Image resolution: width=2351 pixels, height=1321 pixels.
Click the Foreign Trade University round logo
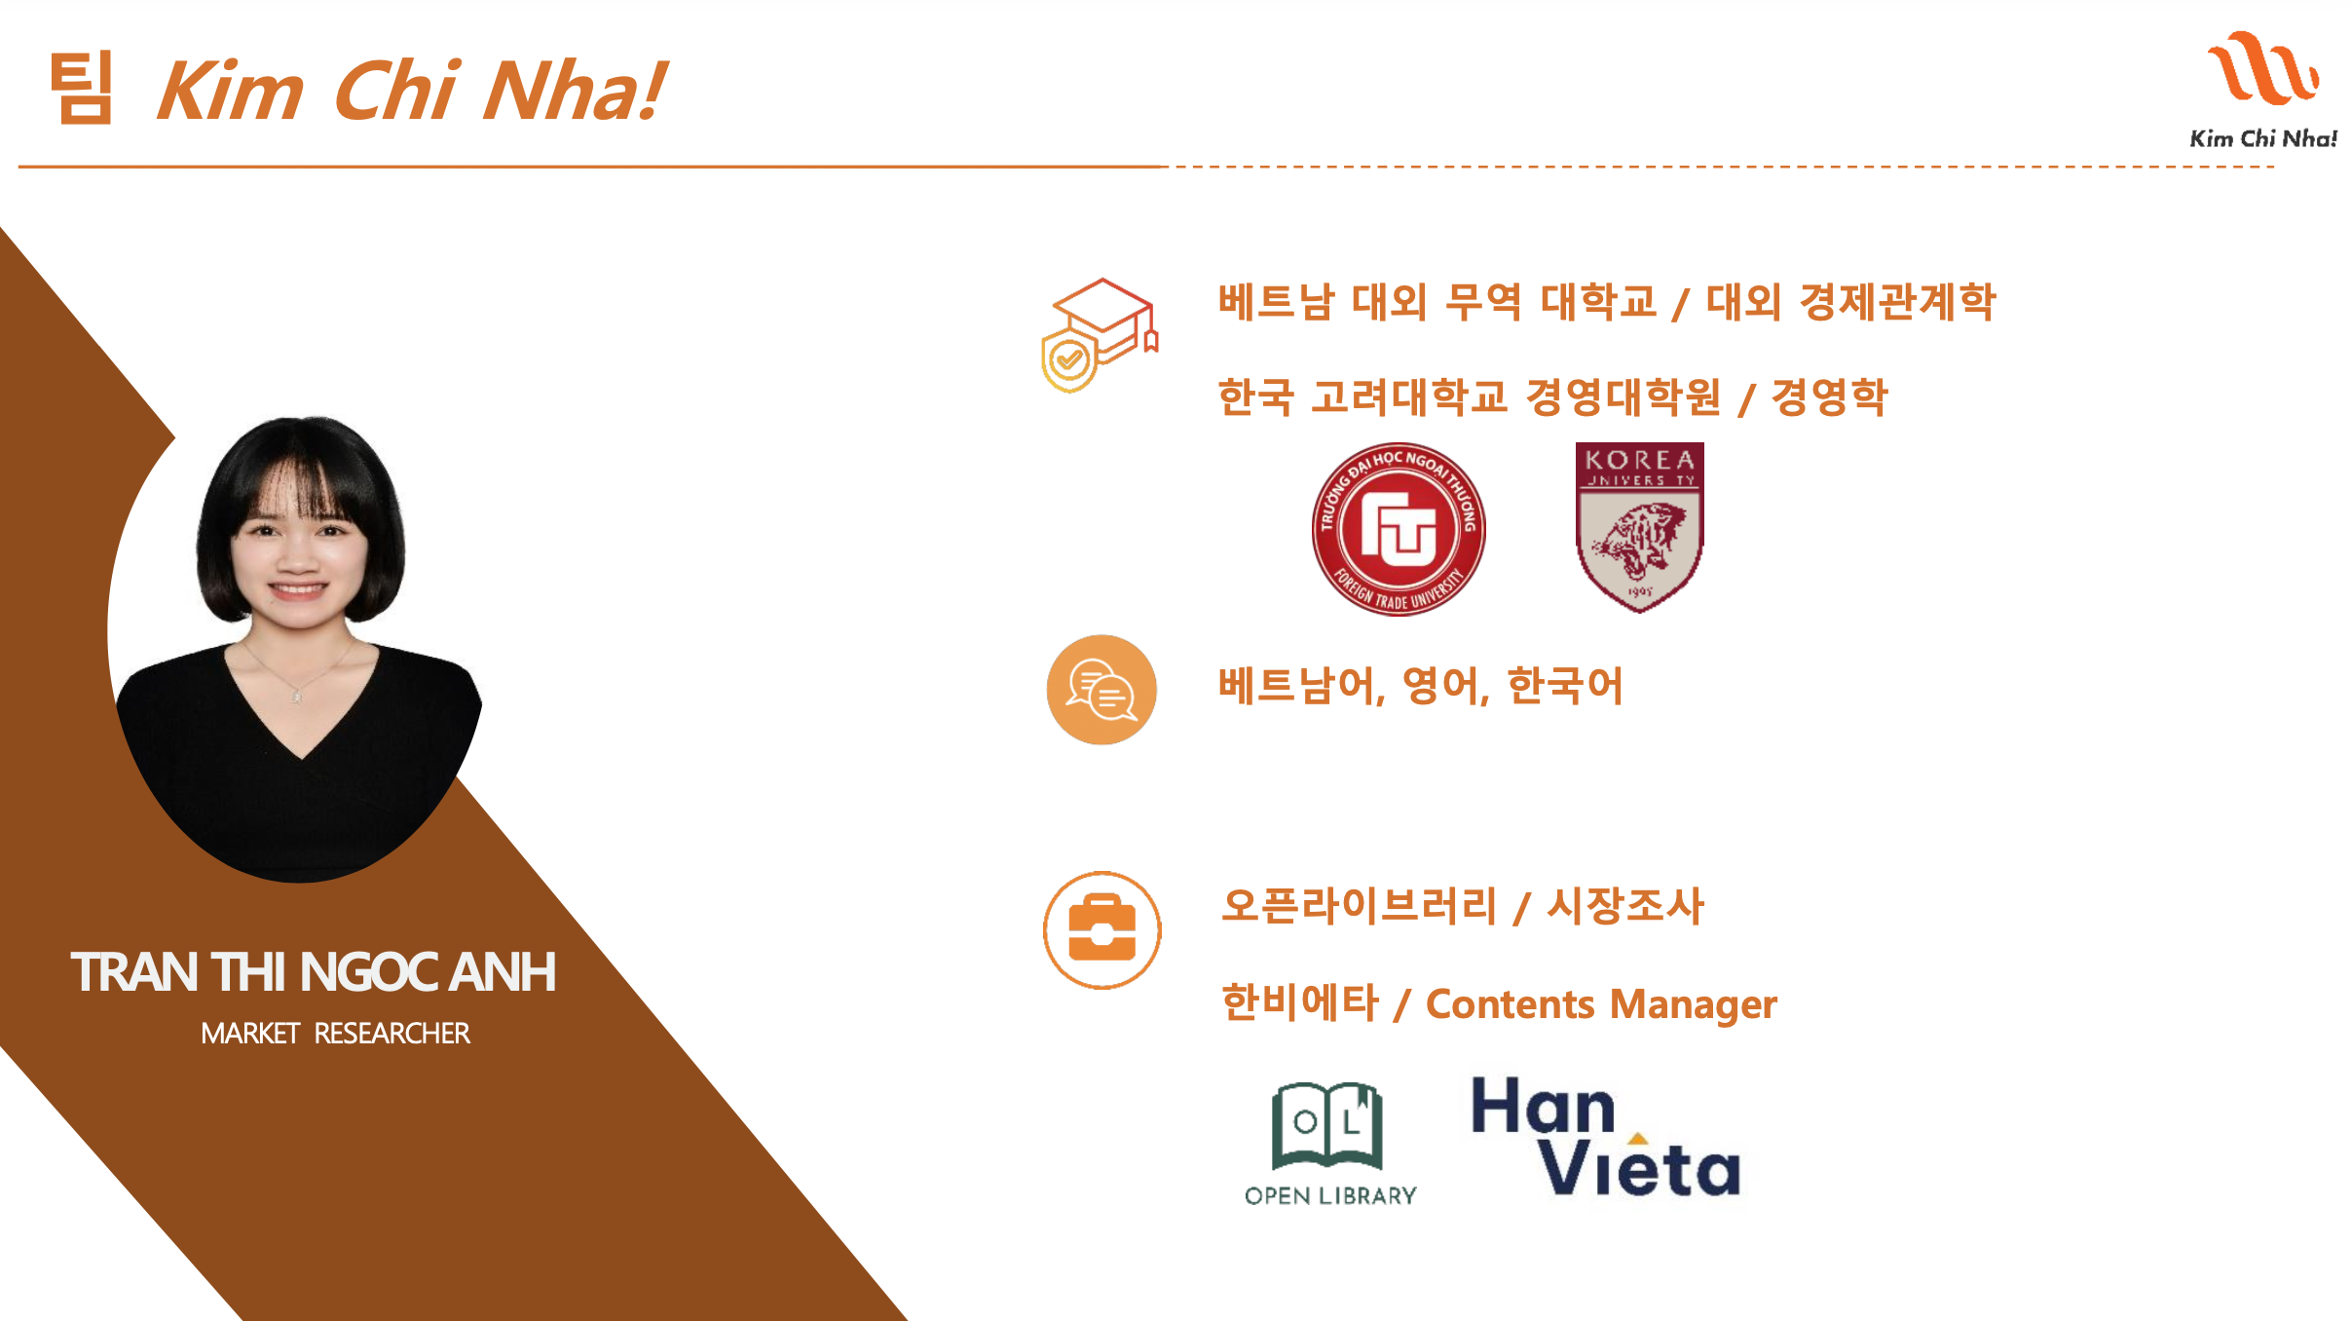tap(1399, 529)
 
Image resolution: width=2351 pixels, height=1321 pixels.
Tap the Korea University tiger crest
tap(1640, 527)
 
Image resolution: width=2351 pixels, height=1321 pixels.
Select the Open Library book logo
tap(1327, 1125)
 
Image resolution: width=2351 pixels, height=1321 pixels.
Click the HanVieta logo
tap(1605, 1137)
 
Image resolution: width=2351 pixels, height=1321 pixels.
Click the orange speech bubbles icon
tap(1101, 690)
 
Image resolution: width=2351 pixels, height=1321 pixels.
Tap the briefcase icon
tap(1101, 929)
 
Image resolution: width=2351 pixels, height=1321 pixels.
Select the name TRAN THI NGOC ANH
tap(313, 972)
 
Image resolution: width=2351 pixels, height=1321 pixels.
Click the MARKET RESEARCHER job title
tap(335, 1033)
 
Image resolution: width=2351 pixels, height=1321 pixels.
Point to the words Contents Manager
tap(1601, 1004)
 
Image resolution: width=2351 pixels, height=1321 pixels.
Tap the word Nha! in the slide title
tap(576, 90)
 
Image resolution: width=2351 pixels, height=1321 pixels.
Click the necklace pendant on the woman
tap(297, 696)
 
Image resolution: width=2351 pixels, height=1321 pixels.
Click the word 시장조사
tap(1625, 905)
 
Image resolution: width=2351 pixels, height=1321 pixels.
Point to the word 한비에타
tap(1300, 1002)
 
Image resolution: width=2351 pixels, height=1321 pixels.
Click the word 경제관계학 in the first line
tap(1898, 301)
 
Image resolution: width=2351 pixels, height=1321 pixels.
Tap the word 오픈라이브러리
tap(1359, 905)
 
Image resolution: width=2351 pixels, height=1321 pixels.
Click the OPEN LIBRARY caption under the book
tap(1330, 1195)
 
